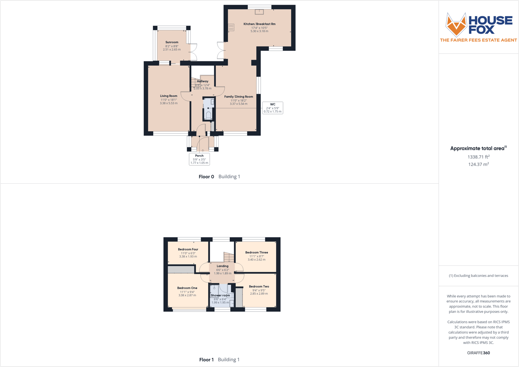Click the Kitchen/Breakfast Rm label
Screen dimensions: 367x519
259,24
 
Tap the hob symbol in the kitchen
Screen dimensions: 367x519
231,27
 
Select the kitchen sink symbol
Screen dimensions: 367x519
259,12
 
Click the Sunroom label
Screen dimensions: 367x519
172,42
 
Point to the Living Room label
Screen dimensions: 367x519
169,96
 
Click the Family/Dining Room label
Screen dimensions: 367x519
239,97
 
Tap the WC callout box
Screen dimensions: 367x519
273,108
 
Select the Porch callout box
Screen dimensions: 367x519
199,159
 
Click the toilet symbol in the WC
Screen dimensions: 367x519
208,115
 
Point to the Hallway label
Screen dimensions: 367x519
203,81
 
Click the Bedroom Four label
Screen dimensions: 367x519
188,249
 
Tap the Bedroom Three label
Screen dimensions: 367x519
256,253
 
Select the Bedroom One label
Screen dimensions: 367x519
187,288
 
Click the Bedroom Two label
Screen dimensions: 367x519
259,287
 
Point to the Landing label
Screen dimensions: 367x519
222,266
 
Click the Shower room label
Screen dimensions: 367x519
220,295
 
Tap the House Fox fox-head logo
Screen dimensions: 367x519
456,25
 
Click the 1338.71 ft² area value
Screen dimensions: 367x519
478,157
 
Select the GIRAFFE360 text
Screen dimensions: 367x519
478,353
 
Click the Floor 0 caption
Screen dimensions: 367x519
206,177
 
